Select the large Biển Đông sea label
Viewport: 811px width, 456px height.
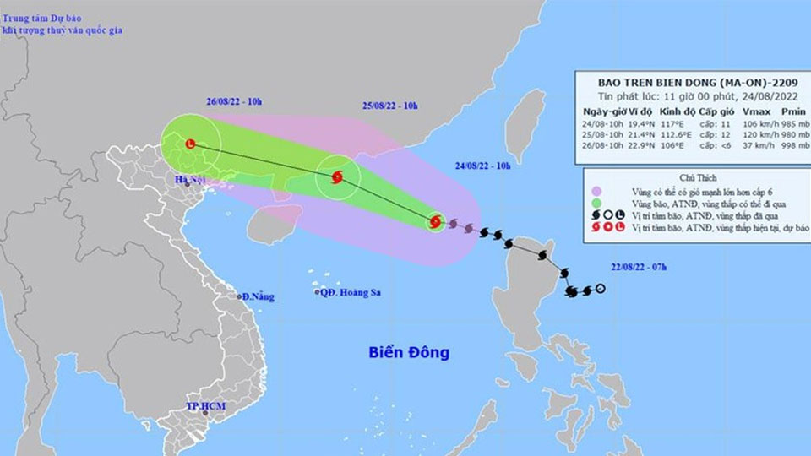(x=409, y=351)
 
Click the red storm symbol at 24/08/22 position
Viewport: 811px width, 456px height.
(x=435, y=223)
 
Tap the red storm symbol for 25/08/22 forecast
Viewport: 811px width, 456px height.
(x=337, y=177)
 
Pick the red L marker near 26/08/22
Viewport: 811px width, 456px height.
(x=190, y=144)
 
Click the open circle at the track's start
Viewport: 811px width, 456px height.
(x=600, y=290)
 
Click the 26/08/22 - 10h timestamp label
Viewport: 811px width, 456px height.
(x=234, y=102)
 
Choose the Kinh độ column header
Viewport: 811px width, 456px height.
(x=678, y=111)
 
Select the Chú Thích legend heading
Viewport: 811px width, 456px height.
(x=694, y=178)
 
